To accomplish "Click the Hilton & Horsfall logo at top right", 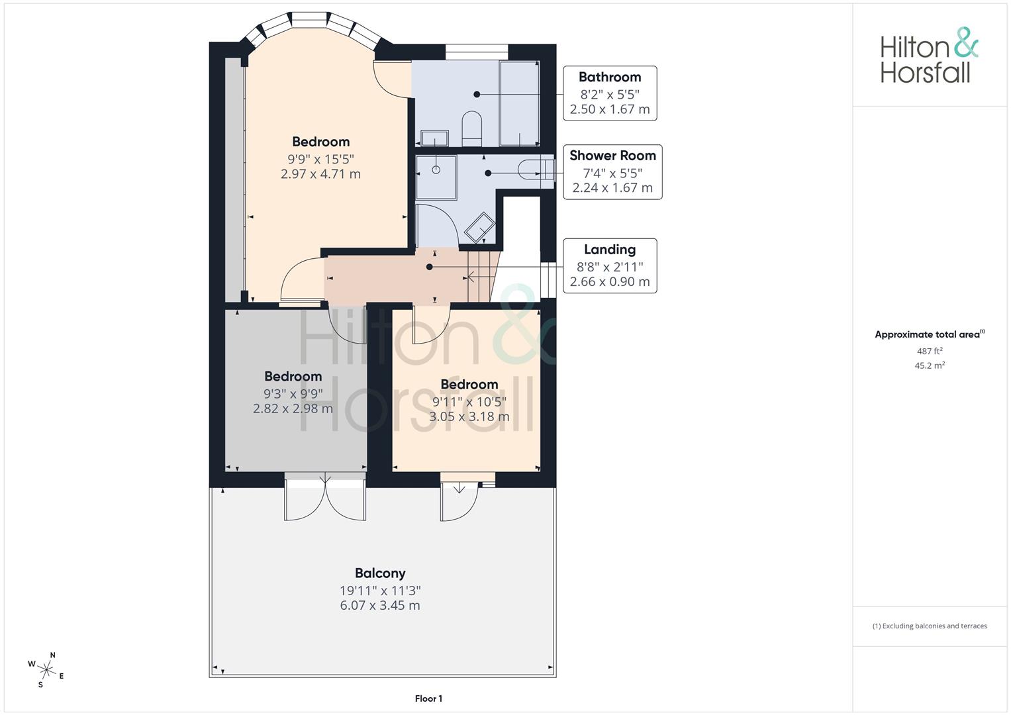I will tap(929, 56).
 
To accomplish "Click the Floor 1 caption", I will tap(428, 698).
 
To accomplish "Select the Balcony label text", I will tap(380, 573).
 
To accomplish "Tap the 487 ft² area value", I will tap(930, 352).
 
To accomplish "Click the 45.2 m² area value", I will tap(930, 365).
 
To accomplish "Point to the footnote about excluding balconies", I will tap(930, 626).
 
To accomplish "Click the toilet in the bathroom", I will tap(471, 127).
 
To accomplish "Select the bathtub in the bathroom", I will tap(519, 103).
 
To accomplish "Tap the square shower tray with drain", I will tap(436, 177).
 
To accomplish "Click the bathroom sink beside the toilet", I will tap(434, 138).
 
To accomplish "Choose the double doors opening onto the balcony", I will tap(325, 498).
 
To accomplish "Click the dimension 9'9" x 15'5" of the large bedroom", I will tap(320, 159).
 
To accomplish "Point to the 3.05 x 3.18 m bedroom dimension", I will tap(469, 416).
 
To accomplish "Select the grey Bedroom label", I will tap(293, 376).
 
